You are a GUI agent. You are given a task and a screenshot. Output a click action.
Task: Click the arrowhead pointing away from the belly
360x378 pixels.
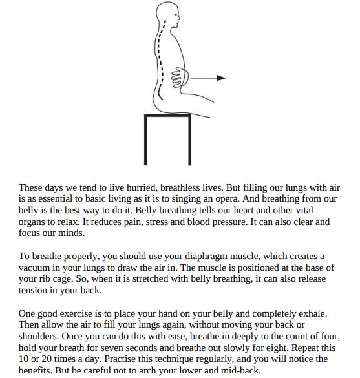[x=221, y=78]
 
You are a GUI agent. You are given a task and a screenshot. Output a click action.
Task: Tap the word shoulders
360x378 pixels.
[x=39, y=338]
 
